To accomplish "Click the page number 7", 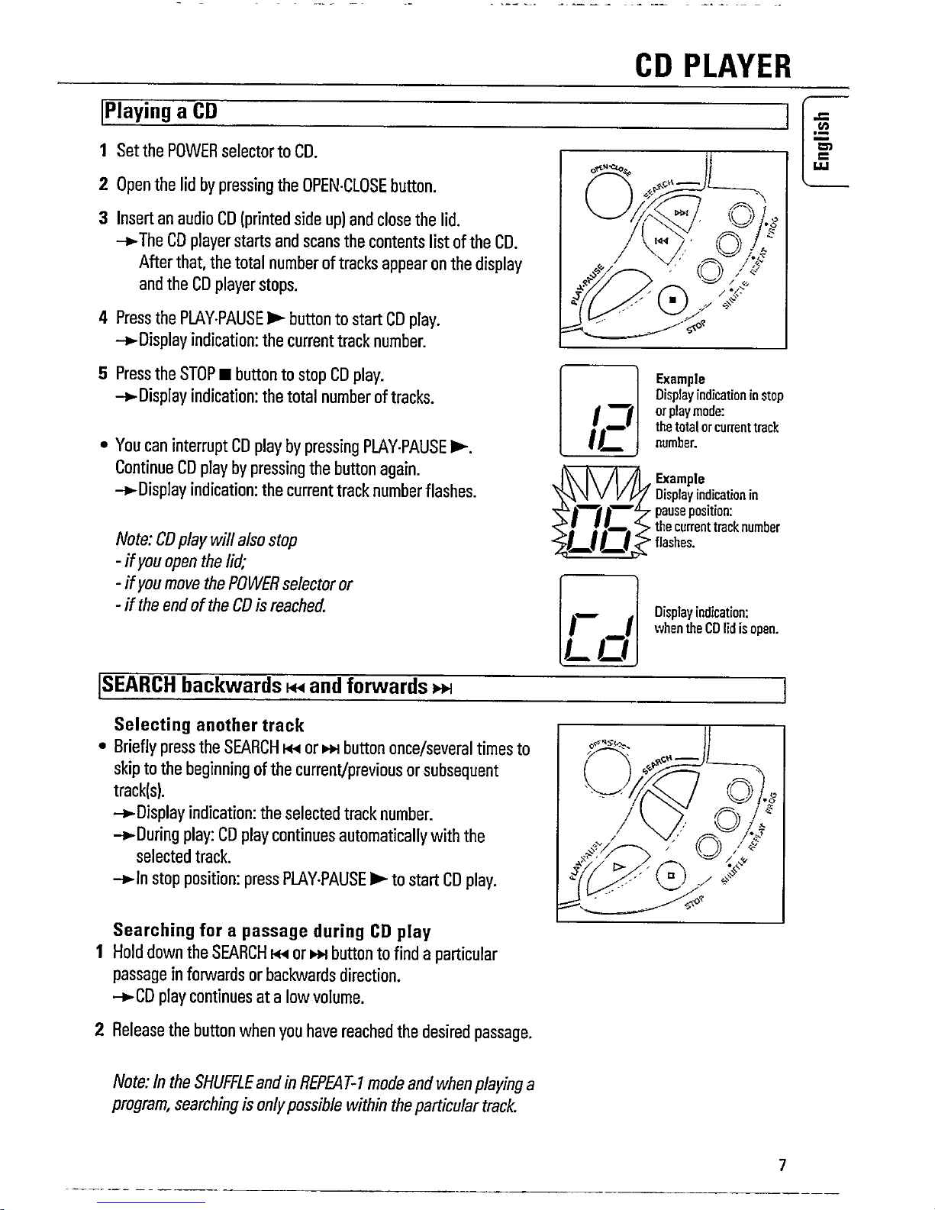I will [782, 1165].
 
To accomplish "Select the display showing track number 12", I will [599, 411].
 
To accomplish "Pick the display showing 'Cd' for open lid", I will [598, 621].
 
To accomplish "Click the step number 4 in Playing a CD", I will [102, 318].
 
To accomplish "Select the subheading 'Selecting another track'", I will [208, 724].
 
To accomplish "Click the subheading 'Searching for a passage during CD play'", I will [272, 931].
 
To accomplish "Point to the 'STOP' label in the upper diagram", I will [697, 328].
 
